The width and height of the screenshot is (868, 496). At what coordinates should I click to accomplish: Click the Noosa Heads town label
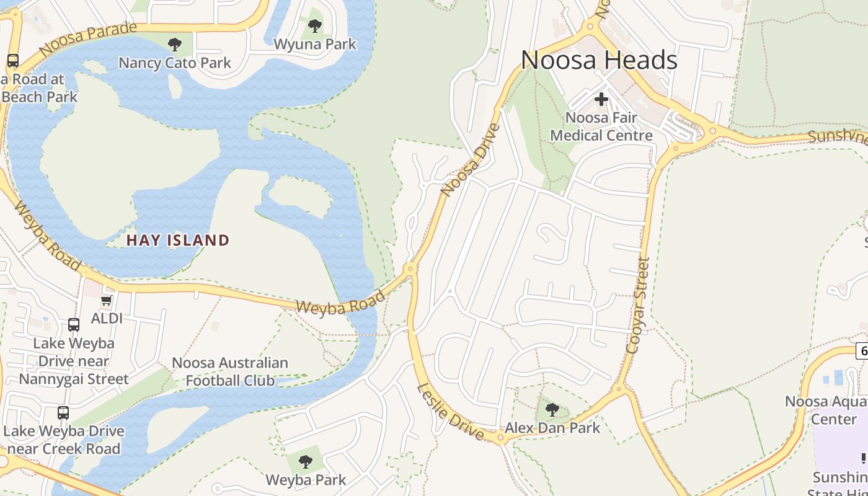(599, 60)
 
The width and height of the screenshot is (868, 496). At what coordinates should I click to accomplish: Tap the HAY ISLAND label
(178, 240)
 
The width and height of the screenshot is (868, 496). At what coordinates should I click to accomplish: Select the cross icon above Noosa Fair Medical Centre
(601, 99)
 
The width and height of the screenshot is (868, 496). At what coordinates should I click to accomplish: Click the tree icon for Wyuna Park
(315, 26)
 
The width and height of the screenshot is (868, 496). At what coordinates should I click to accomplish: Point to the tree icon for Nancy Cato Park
(175, 45)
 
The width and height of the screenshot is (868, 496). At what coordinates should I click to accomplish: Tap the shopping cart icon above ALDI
(107, 301)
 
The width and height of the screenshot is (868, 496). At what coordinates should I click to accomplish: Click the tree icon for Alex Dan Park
(552, 410)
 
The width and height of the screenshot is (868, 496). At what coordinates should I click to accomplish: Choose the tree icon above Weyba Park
(306, 462)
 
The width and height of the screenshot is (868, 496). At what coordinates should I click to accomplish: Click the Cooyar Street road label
(638, 306)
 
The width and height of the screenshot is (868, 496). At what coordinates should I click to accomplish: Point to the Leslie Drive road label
(450, 412)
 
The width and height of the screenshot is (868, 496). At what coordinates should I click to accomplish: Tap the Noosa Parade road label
(87, 38)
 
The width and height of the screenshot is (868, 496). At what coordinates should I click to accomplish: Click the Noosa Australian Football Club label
(230, 371)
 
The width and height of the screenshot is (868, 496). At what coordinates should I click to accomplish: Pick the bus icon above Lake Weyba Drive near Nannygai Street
(74, 325)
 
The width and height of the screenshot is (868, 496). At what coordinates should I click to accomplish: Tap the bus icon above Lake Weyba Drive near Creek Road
(63, 413)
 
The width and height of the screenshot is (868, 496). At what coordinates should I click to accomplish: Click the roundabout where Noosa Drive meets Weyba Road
(410, 269)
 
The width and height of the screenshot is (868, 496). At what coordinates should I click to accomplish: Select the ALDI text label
(107, 318)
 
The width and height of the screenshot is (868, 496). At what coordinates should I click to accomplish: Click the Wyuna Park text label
(315, 44)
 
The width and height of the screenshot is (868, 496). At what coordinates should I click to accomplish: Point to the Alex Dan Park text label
(552, 428)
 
